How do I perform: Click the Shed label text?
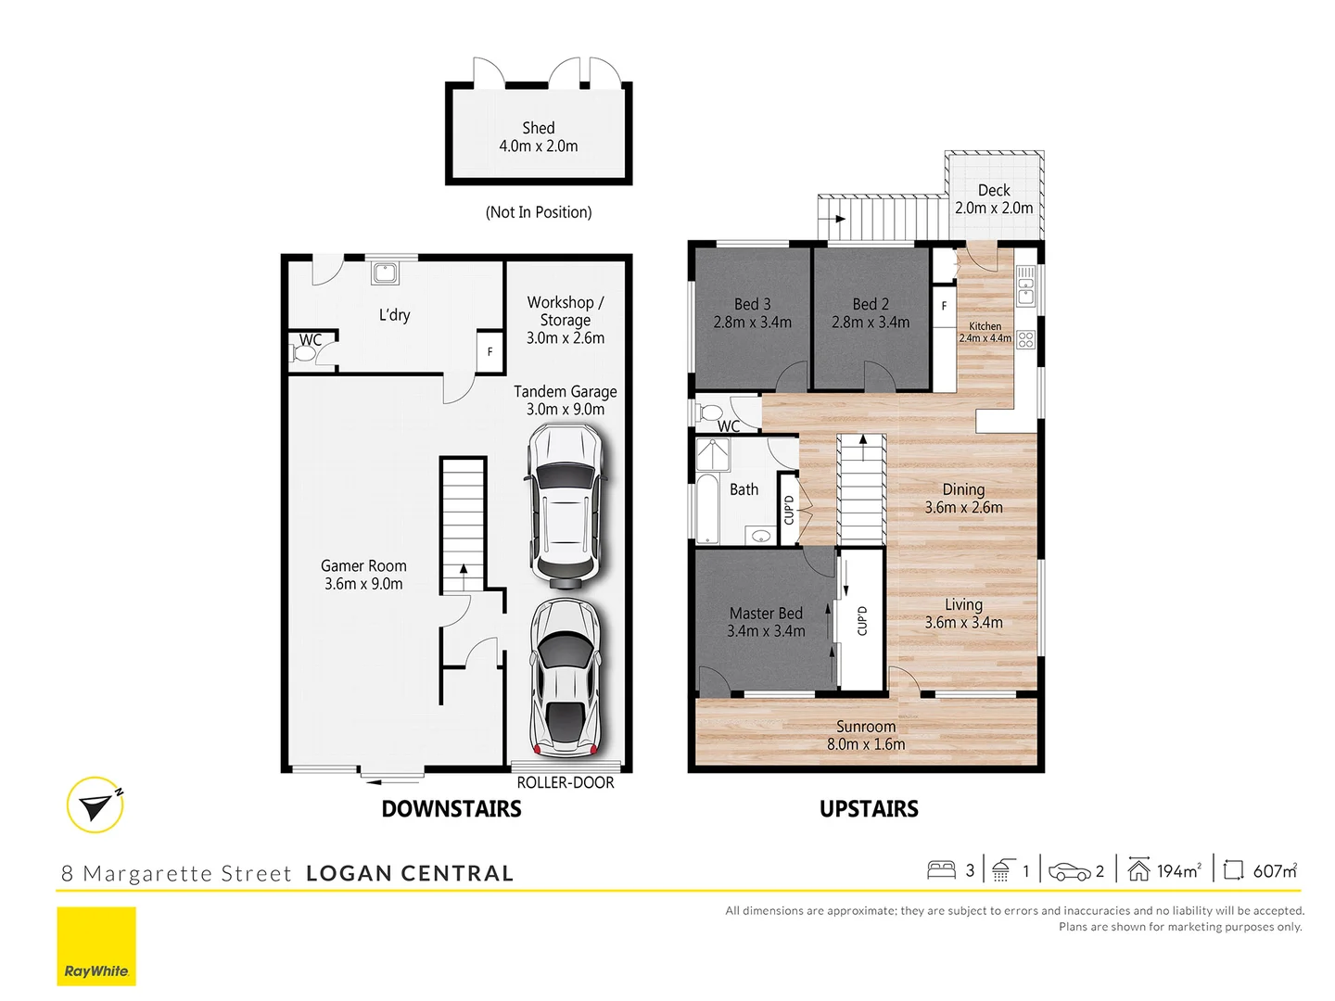tap(538, 128)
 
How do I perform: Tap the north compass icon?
tap(95, 805)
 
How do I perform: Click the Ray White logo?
tap(96, 946)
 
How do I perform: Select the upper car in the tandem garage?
tap(565, 506)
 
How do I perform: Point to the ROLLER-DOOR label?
tap(565, 782)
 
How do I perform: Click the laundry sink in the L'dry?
tap(385, 272)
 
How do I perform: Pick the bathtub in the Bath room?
tap(707, 509)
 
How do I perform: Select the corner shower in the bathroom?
tap(713, 454)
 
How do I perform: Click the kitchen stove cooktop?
tap(1025, 339)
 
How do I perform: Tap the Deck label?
tap(994, 190)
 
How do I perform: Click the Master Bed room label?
tap(766, 614)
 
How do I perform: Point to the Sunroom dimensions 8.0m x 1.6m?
tap(866, 744)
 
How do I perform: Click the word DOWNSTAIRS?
tap(451, 809)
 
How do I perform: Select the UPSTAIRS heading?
tap(869, 809)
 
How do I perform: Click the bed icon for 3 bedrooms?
tap(941, 870)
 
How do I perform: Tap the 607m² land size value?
tap(1275, 870)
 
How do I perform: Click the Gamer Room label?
tap(363, 565)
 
